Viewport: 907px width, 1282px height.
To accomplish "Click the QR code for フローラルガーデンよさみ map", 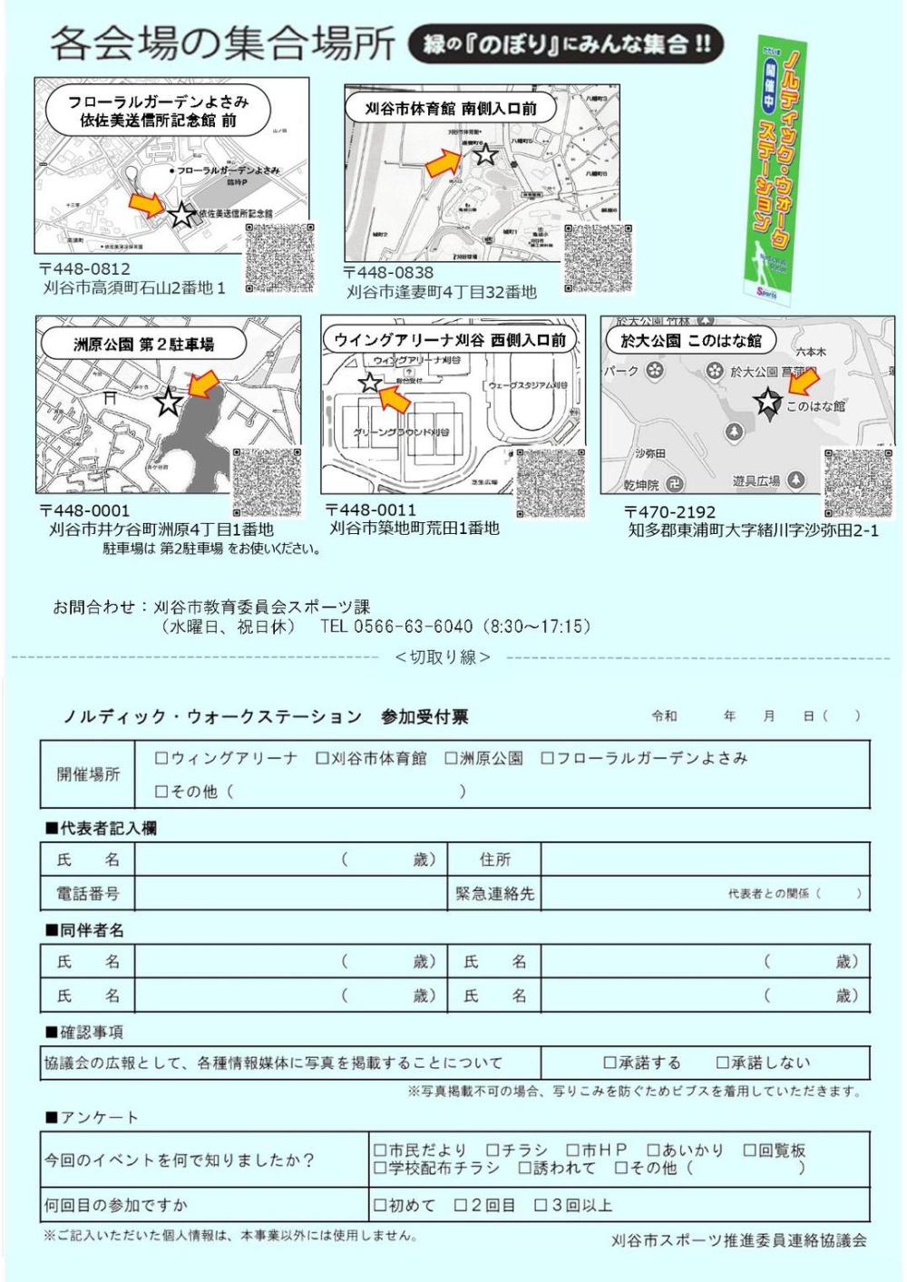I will pos(280,257).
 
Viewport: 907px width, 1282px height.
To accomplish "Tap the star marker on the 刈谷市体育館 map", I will pos(486,154).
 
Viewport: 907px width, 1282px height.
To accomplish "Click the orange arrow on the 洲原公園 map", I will pos(204,384).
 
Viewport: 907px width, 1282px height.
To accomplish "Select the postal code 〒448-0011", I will pos(371,510).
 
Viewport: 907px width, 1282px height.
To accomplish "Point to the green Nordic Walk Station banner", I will pos(774,168).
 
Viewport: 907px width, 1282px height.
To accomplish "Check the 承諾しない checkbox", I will pos(723,1063).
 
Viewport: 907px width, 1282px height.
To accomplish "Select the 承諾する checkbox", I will pos(610,1063).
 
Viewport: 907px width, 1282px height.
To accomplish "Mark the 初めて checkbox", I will pos(380,1206).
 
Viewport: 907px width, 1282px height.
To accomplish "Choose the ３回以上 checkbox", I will pos(541,1206).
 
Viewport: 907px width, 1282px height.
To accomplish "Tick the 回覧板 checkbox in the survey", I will pos(750,1151).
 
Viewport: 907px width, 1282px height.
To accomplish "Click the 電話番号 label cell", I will pos(88,894).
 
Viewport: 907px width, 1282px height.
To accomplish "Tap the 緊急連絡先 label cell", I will pos(494,894).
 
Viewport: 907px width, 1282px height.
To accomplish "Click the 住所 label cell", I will pos(494,860).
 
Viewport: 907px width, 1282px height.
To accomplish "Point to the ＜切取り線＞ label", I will pos(443,657).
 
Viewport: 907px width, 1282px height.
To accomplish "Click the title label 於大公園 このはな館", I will pos(691,341).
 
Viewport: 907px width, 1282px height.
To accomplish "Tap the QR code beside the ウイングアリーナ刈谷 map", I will pos(551,483).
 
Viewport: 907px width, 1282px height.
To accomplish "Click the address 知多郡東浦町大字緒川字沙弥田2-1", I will pos(753,530).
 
